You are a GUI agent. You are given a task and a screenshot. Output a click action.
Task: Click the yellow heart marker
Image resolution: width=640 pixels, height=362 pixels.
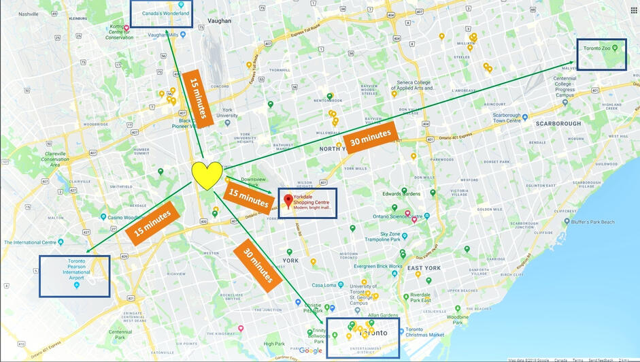coord(207,175)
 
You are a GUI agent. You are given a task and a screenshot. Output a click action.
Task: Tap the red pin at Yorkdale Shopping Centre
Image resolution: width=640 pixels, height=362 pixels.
coord(288,201)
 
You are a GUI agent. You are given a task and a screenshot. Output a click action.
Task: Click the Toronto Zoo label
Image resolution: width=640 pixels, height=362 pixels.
coord(599,48)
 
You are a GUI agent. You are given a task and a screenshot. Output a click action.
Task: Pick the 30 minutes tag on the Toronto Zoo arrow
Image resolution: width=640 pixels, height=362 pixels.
coord(370,140)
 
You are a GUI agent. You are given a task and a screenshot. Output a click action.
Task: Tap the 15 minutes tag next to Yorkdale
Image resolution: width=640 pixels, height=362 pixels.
coord(248,198)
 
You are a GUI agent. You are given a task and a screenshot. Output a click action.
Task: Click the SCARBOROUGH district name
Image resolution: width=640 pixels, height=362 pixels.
coord(558,124)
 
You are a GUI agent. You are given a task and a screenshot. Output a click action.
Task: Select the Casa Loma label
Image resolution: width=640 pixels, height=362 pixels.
coord(324,285)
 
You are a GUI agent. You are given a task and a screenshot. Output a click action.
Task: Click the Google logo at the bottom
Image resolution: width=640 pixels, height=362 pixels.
coord(311,350)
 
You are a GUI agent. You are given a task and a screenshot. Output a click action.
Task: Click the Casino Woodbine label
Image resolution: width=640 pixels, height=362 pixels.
coord(127,217)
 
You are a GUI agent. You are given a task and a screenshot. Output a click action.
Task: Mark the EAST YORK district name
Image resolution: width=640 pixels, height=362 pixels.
coord(424,268)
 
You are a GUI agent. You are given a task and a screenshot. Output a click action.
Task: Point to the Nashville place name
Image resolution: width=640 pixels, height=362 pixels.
coord(29,14)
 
